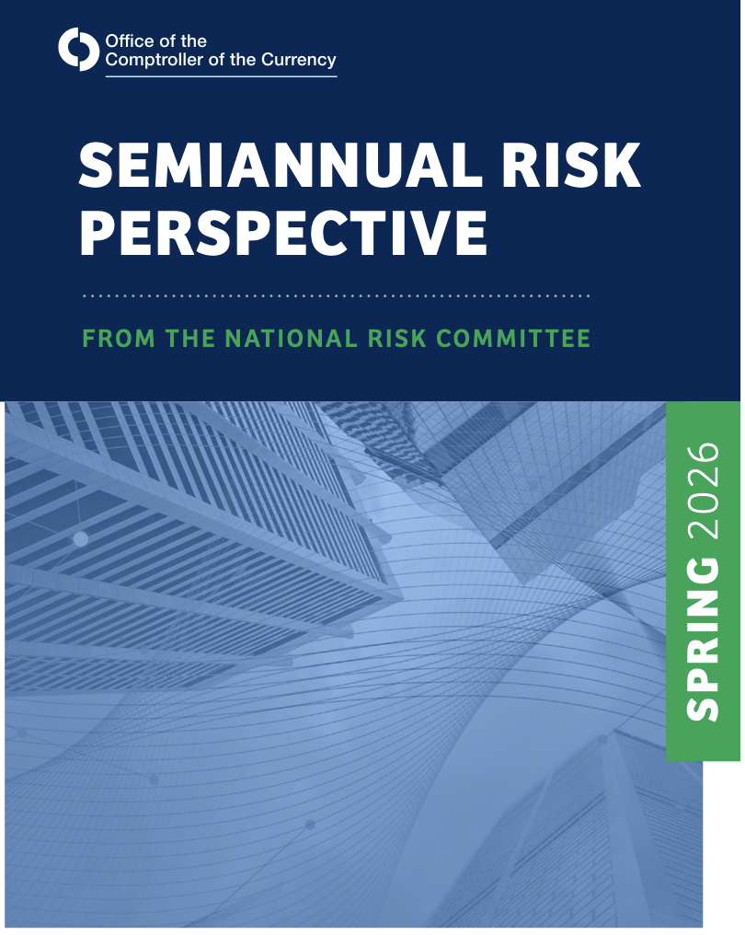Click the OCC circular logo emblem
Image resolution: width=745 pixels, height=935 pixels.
click(x=79, y=49)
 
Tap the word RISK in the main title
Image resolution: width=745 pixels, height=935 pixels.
click(x=571, y=165)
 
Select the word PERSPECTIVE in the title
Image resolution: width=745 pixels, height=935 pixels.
click(x=283, y=233)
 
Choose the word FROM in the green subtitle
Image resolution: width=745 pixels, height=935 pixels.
click(x=119, y=338)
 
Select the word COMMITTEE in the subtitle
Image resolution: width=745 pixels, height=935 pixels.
click(x=513, y=338)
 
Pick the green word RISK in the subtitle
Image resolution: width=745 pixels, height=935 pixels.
click(x=397, y=338)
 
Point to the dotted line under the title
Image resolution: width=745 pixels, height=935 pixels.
click(x=336, y=295)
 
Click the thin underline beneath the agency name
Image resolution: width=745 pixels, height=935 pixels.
click(x=221, y=76)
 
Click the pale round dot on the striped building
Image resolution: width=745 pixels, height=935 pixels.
click(x=80, y=539)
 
